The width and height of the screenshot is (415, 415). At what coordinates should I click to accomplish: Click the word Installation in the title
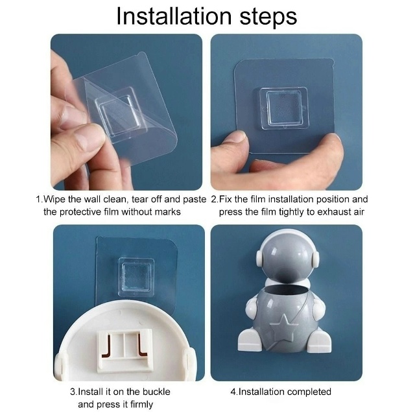(174, 16)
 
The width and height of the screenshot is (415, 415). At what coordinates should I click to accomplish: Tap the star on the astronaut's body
(282, 327)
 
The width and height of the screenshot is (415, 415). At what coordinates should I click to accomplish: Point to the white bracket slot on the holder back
(124, 350)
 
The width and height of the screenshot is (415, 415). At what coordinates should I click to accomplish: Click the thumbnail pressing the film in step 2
(236, 137)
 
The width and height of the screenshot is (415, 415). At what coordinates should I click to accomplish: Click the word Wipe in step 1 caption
(54, 199)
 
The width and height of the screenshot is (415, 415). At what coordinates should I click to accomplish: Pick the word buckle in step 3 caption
(156, 392)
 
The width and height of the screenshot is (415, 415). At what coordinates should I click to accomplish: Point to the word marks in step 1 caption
(167, 212)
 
